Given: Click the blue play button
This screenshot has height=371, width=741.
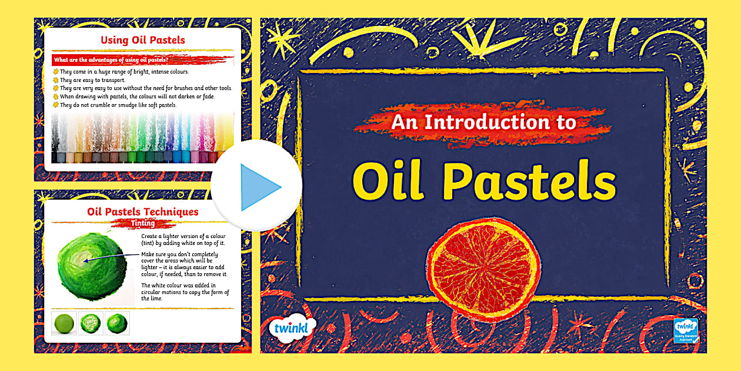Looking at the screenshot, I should pyautogui.click(x=257, y=187).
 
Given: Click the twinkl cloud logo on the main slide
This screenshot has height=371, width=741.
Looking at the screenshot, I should pyautogui.click(x=292, y=328).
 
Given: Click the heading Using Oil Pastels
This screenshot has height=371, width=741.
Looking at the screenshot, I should pyautogui.click(x=143, y=41).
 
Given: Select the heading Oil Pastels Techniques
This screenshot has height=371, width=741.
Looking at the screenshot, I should pyautogui.click(x=143, y=212).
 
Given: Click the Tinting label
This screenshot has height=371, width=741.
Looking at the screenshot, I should pyautogui.click(x=143, y=224).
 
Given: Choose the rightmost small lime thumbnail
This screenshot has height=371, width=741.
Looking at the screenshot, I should pyautogui.click(x=117, y=323).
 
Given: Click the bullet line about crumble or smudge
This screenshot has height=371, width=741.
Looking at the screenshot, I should pyautogui.click(x=118, y=105).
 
